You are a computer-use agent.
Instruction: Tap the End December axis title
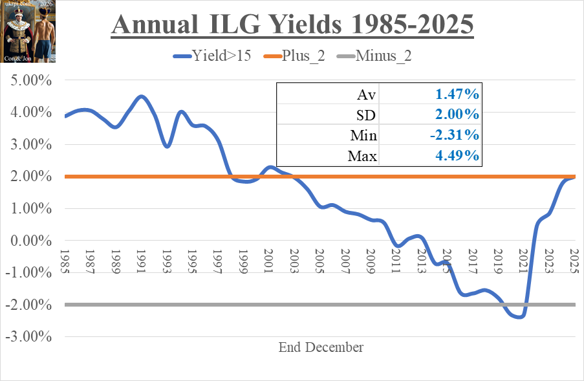pos(321,347)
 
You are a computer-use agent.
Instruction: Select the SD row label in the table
pos(367,115)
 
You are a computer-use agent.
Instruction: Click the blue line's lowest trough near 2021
pos(519,316)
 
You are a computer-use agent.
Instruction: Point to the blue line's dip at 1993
pos(167,146)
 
